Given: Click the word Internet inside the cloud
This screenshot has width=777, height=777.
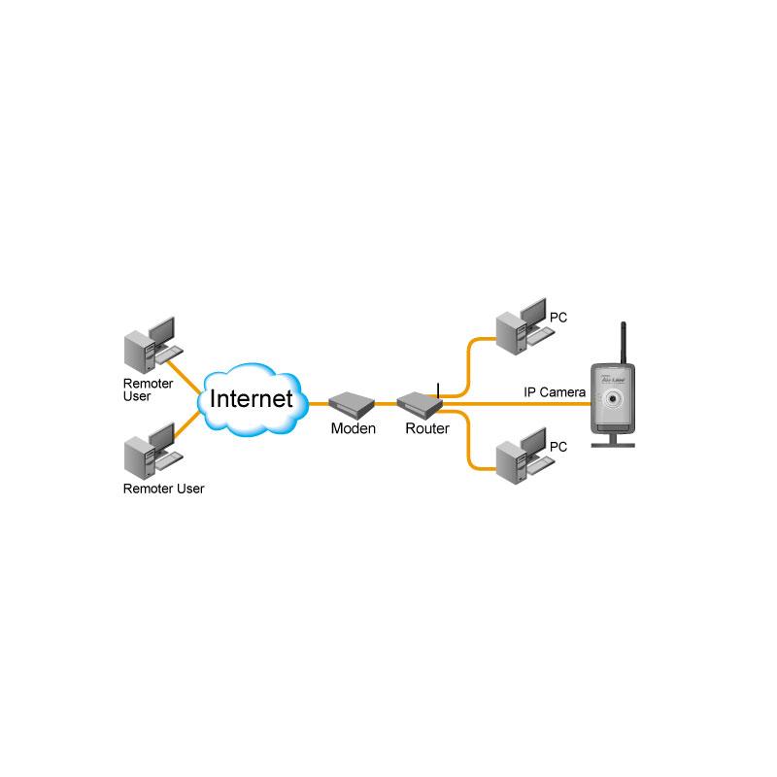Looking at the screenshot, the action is (252, 399).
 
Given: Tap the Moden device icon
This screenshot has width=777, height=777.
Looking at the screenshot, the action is (352, 405).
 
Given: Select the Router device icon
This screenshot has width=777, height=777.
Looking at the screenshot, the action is (420, 405).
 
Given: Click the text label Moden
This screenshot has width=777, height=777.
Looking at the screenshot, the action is (354, 428).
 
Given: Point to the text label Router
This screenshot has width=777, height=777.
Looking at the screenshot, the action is (427, 428).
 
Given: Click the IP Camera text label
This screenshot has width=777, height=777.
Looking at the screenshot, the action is (555, 392).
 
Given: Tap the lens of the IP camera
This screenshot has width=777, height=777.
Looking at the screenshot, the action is (613, 398).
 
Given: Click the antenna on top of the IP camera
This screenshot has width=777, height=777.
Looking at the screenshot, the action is (624, 343).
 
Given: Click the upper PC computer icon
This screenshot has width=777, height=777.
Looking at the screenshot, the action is (525, 326).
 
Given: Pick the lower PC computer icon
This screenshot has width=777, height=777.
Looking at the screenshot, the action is (525, 456).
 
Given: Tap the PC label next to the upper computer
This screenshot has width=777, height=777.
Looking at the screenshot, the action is (557, 318).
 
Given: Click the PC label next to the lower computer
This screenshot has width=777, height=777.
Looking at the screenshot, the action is (557, 447).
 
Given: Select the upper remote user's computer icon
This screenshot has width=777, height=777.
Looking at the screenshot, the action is (153, 345).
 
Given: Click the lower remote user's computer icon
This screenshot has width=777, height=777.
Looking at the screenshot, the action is (153, 451).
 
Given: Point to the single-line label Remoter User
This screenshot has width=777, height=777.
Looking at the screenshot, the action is (163, 489).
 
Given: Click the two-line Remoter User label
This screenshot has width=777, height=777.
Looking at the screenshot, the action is (148, 389).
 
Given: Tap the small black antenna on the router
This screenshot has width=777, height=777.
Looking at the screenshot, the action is (438, 390).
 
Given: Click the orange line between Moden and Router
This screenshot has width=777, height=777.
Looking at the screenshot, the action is (386, 404).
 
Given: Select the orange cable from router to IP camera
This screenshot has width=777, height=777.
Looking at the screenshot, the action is (517, 404).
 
